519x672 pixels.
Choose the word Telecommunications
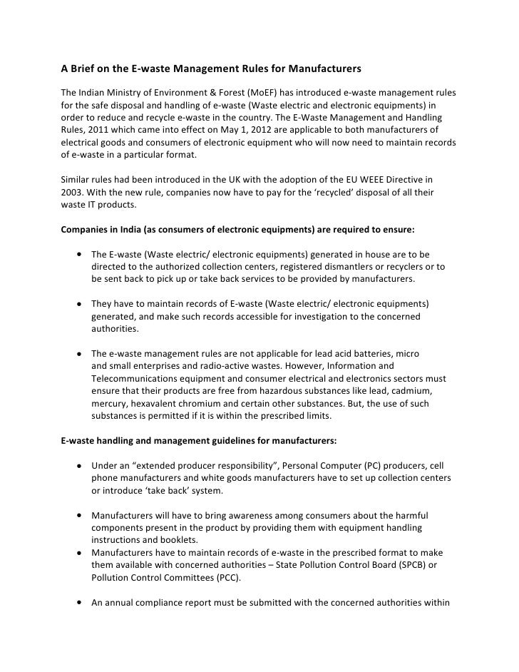(x=140, y=379)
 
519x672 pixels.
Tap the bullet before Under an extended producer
(x=76, y=466)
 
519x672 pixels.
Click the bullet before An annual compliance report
(x=76, y=603)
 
